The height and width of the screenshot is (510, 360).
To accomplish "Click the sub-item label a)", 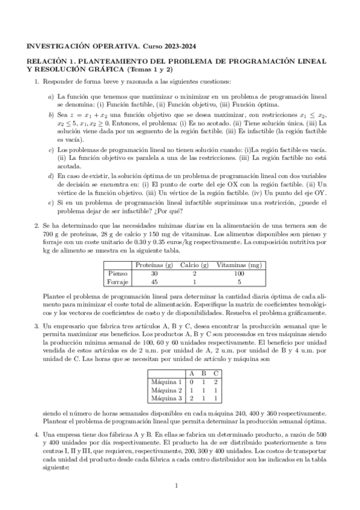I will (50, 96).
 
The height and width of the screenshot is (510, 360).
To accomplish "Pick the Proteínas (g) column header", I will (154, 265).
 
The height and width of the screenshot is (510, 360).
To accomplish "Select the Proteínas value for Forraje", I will (154, 281).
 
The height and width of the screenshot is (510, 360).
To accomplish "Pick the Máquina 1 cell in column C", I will (216, 381).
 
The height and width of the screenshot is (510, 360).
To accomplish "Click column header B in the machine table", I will (204, 373).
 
